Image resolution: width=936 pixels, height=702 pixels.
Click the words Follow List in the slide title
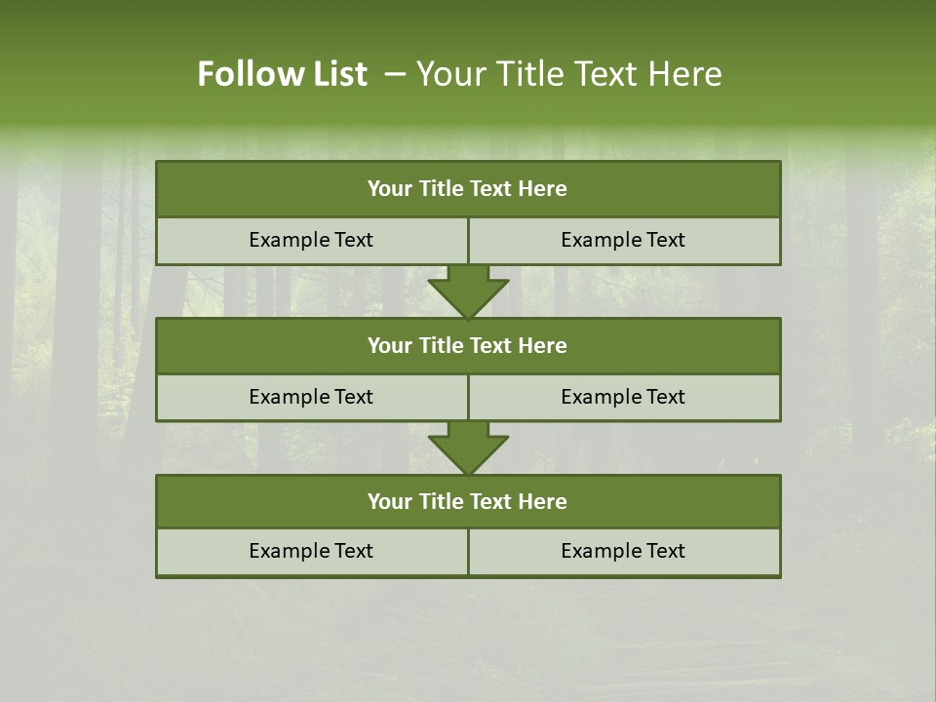tap(283, 74)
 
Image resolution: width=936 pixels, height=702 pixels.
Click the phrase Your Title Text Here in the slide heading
tap(569, 74)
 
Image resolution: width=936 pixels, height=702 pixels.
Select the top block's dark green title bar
tap(468, 189)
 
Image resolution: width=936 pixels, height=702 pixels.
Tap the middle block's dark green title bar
tap(468, 346)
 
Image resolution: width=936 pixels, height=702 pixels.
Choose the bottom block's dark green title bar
tap(468, 502)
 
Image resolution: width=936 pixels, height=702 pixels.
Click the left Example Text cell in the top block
tap(311, 240)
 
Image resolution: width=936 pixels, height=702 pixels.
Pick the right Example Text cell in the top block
tap(624, 240)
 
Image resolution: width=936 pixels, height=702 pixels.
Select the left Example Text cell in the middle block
tap(311, 397)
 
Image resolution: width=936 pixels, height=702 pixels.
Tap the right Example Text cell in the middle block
tap(624, 397)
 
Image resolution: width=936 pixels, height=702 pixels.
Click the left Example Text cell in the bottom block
tap(311, 551)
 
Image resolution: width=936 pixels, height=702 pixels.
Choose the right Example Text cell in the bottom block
tap(624, 551)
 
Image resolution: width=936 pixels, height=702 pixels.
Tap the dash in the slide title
tap(395, 74)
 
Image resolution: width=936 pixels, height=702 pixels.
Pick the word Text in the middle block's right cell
tap(666, 397)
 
